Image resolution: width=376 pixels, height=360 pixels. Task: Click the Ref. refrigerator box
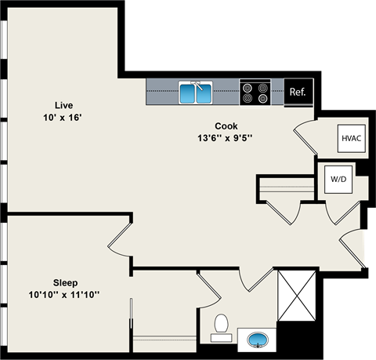pyautogui.click(x=298, y=93)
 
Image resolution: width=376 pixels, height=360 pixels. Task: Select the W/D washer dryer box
pyautogui.click(x=338, y=179)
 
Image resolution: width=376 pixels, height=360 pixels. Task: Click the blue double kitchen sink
pyautogui.click(x=196, y=93)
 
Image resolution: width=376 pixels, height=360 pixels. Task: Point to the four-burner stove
pyautogui.click(x=255, y=93)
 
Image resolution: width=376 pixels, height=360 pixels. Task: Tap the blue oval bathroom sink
pyautogui.click(x=258, y=340)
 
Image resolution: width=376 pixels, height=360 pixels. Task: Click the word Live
pyautogui.click(x=63, y=105)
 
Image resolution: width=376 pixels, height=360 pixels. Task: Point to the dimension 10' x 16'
pyautogui.click(x=63, y=118)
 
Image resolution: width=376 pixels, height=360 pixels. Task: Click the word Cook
pyautogui.click(x=226, y=126)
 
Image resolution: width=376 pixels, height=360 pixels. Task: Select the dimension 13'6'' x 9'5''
pyautogui.click(x=226, y=139)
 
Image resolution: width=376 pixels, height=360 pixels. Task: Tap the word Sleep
pyautogui.click(x=65, y=282)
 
